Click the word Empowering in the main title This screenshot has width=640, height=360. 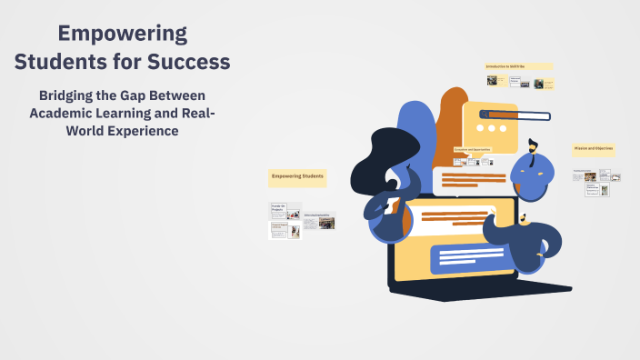(x=123, y=35)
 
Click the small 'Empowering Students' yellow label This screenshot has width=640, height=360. (x=297, y=175)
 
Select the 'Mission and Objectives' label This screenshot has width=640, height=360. (x=594, y=147)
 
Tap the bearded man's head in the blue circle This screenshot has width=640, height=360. (x=533, y=147)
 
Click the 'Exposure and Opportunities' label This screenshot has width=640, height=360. (x=473, y=149)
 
